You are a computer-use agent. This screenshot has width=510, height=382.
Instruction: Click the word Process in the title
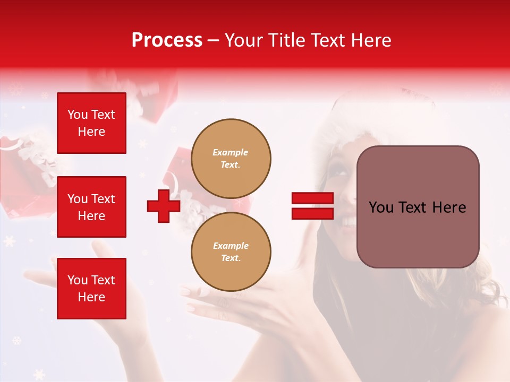click(167, 40)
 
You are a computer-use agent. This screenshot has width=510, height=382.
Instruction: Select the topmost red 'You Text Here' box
click(91, 123)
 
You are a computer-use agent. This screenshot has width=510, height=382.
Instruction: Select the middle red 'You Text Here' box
click(91, 207)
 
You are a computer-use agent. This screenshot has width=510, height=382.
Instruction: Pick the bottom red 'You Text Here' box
click(91, 289)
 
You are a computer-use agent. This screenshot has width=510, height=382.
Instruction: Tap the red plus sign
click(164, 206)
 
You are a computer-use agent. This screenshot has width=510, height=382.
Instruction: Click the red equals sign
click(312, 206)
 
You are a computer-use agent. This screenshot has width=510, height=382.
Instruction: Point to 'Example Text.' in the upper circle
click(231, 159)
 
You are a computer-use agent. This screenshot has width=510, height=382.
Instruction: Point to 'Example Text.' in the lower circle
click(231, 252)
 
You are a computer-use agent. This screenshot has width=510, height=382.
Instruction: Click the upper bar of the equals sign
click(312, 198)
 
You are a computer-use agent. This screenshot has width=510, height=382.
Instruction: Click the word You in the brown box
click(381, 207)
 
